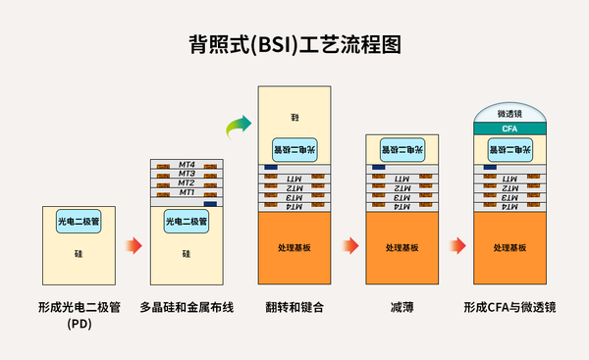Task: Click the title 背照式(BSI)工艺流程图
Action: pyautogui.click(x=294, y=45)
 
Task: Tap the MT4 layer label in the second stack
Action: pyautogui.click(x=186, y=164)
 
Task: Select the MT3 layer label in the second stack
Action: pyautogui.click(x=186, y=174)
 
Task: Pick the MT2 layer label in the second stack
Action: pyautogui.click(x=186, y=183)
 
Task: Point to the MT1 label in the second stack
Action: pyautogui.click(x=186, y=193)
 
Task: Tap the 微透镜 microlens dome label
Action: pyautogui.click(x=509, y=114)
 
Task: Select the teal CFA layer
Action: pyautogui.click(x=509, y=129)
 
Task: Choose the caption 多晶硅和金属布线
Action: pyautogui.click(x=187, y=307)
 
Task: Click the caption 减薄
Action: pyautogui.click(x=402, y=307)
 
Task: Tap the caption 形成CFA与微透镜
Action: pyautogui.click(x=509, y=307)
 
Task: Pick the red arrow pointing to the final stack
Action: pyautogui.click(x=456, y=245)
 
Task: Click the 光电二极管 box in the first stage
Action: pyautogui.click(x=79, y=222)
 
